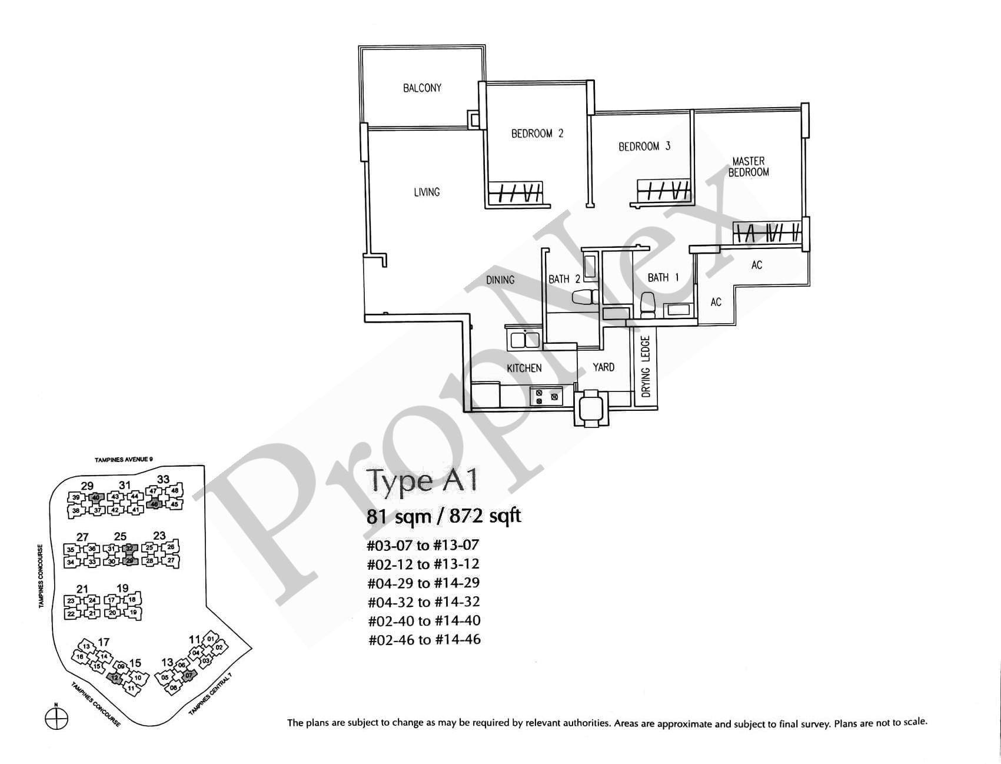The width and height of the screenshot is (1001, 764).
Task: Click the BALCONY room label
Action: tap(422, 88)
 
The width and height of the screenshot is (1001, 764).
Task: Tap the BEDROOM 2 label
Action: tap(537, 134)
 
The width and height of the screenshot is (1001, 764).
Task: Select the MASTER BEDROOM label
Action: tap(748, 167)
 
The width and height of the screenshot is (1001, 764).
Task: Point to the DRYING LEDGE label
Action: tap(646, 367)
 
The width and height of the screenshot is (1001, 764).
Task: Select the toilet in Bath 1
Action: tap(649, 305)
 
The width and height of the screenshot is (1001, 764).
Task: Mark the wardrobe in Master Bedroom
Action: tap(766, 232)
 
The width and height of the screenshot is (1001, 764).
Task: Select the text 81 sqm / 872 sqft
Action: tap(444, 516)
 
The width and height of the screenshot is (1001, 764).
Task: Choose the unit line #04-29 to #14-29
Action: tap(423, 583)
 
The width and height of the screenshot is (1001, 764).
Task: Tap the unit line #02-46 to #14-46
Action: tap(424, 639)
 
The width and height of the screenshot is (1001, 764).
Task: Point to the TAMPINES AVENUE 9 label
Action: tap(124, 460)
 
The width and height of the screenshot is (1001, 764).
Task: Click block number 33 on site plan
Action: tap(163, 480)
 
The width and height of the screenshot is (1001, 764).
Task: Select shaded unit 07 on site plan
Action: tap(188, 675)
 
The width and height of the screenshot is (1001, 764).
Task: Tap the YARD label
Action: tap(603, 367)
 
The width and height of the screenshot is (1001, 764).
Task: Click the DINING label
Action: tap(500, 280)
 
